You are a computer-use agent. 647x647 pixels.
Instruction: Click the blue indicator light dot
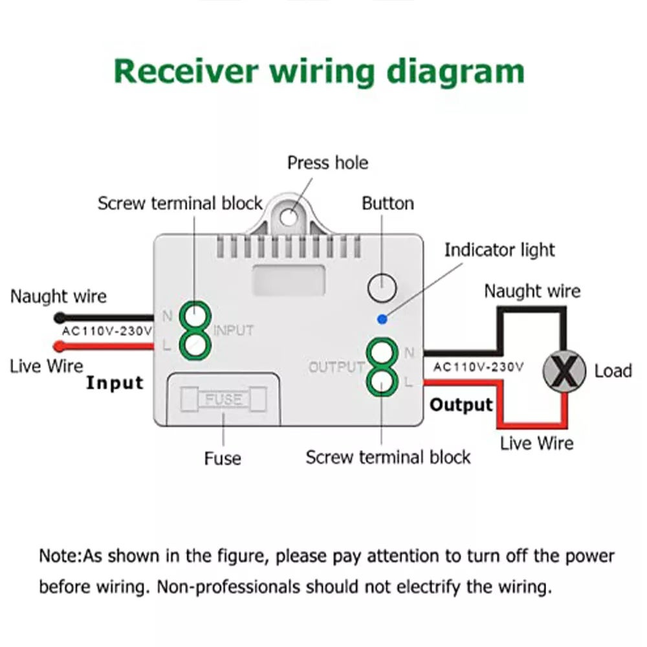[382, 318]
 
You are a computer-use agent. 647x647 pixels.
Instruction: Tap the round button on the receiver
[382, 287]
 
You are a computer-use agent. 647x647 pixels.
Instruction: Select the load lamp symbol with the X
[564, 371]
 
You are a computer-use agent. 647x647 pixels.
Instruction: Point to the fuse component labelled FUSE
[223, 399]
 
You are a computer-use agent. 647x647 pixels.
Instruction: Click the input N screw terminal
[195, 316]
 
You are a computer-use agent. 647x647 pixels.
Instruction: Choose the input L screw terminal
[195, 345]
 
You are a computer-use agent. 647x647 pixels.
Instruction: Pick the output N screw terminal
[381, 353]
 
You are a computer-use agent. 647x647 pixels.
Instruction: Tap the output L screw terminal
[381, 380]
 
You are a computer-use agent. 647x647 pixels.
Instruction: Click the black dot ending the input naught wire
[60, 318]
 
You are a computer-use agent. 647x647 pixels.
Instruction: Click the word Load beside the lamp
[613, 371]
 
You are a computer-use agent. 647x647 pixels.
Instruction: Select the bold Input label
[115, 382]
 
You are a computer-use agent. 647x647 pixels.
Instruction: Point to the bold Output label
[461, 405]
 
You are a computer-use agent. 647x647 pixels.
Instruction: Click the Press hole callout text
[327, 162]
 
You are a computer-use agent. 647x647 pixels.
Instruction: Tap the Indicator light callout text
[499, 250]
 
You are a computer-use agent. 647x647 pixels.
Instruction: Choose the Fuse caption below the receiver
[223, 459]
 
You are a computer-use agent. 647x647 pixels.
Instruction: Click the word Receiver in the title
[185, 71]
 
